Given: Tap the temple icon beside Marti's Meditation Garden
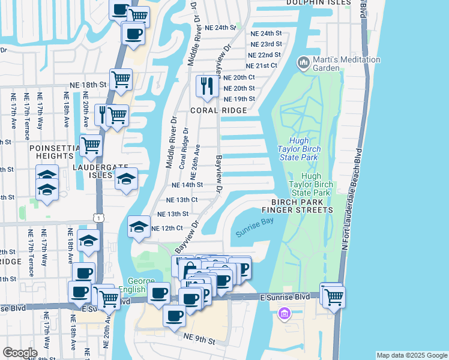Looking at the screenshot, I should pos(303,62).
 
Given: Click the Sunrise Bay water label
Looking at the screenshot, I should pos(255,229).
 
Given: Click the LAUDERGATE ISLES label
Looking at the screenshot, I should pos(92,175).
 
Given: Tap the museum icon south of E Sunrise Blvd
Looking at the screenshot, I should pos(285,313).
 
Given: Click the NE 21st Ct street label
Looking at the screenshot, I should pos(261,65).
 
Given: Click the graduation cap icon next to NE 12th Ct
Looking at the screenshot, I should pos(139,227).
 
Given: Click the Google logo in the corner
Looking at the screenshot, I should pos(20,353).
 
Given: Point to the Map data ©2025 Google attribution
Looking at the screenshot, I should pos(412,355).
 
